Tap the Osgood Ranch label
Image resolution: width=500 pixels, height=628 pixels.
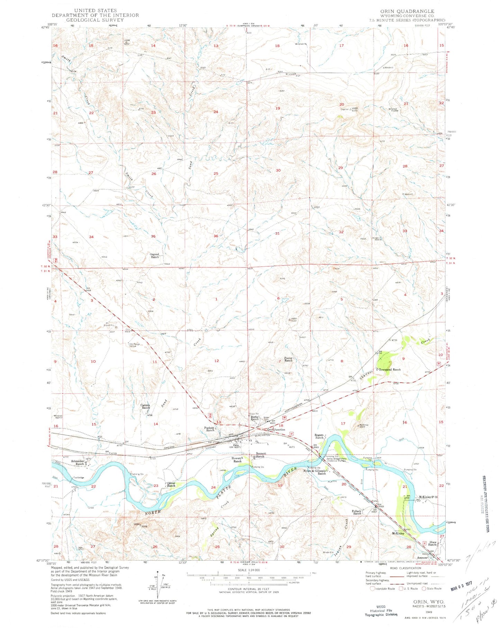tap(155, 256)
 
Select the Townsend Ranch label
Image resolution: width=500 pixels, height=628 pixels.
tap(390, 369)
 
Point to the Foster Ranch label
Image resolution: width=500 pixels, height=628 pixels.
tap(289, 359)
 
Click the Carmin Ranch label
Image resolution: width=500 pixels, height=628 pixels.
tap(146, 406)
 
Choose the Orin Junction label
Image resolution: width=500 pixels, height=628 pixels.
tap(276, 430)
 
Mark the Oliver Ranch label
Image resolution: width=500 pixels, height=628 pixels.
tap(171, 484)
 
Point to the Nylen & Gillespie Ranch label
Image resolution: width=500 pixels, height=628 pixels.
tap(315, 472)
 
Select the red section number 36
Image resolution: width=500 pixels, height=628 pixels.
tap(216, 236)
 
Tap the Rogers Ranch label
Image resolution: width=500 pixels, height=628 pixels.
tap(319, 437)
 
